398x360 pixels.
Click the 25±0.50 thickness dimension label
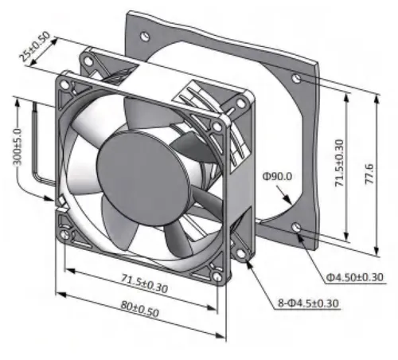pos(34,46)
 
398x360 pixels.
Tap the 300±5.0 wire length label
pos(18,147)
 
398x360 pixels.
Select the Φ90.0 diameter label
pos(277,176)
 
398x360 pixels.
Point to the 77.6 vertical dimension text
pos(369,174)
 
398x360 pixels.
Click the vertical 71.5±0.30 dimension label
pos(339,162)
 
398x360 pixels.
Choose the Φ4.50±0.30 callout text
pos(354,277)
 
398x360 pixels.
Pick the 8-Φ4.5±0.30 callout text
pos(308,303)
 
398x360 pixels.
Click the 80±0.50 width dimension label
pos(140,309)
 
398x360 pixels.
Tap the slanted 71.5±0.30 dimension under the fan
pos(145,284)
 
